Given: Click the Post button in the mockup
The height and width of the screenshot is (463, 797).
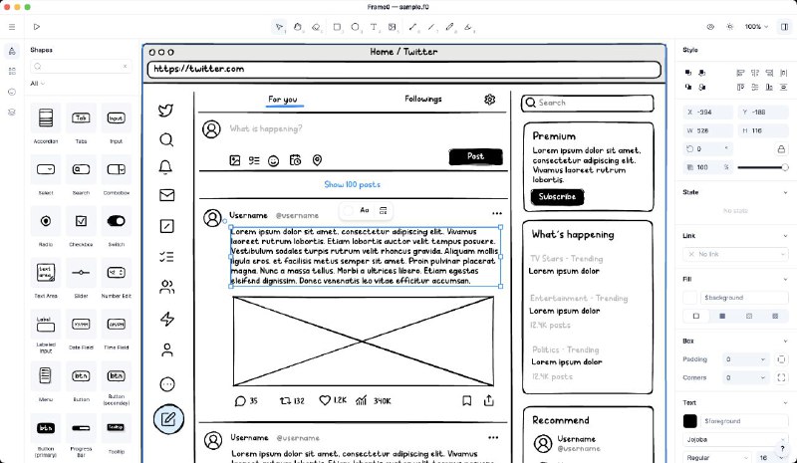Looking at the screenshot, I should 475,156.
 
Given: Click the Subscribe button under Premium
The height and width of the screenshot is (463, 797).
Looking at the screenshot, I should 557,197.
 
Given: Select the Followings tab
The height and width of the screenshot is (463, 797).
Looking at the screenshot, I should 423,99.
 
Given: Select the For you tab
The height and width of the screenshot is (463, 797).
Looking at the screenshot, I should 283,100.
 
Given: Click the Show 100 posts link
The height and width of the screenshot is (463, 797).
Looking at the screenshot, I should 352,184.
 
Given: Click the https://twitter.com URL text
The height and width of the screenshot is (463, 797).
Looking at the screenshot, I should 198,69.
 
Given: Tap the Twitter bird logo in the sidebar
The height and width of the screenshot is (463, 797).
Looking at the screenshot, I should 166,111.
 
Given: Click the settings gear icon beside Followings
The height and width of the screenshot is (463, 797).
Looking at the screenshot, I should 489,100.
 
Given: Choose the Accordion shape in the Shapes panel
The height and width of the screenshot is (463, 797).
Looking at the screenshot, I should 45,118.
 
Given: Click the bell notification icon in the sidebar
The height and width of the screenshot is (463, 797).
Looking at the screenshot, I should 166,167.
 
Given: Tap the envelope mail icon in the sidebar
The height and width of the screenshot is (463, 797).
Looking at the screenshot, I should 166,195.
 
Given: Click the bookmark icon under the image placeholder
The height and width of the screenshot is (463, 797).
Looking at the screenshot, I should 466,400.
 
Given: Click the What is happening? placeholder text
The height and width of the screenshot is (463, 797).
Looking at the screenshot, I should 265,129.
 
